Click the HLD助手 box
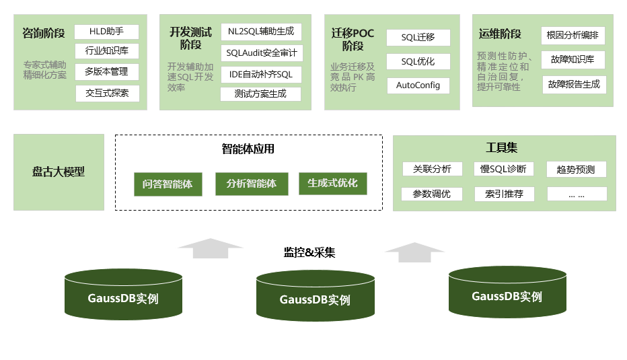click(x=106, y=32)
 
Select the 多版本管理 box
click(x=106, y=71)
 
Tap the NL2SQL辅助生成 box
click(x=261, y=32)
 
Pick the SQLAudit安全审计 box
click(x=261, y=52)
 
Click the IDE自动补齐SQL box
click(x=261, y=74)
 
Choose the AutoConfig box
click(x=418, y=85)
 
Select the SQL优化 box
click(x=418, y=61)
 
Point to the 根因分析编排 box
click(x=573, y=36)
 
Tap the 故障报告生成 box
click(x=574, y=85)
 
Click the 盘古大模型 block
click(x=59, y=172)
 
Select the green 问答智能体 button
click(x=168, y=184)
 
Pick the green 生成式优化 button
click(x=333, y=184)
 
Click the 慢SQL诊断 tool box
click(x=504, y=169)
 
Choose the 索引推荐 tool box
click(x=504, y=194)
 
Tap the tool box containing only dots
click(x=577, y=194)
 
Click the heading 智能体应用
click(x=248, y=149)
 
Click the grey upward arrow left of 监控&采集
click(x=211, y=248)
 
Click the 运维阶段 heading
click(x=500, y=34)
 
